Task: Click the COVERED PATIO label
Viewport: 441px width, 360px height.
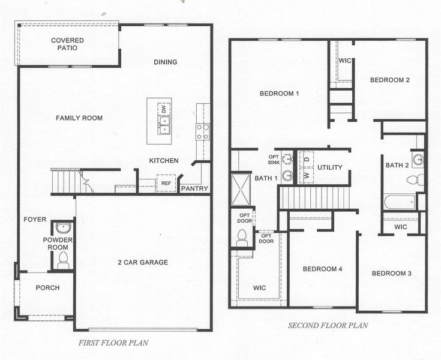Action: point(67,44)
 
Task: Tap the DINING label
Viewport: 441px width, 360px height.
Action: point(165,62)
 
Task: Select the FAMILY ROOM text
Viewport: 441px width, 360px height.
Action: point(79,118)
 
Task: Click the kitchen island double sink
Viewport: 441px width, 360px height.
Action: point(164,125)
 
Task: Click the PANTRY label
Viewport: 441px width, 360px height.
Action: point(195,189)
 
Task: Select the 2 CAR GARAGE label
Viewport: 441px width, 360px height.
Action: point(143,262)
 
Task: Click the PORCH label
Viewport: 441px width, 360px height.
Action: point(47,288)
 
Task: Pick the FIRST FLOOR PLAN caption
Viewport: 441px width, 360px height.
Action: point(113,343)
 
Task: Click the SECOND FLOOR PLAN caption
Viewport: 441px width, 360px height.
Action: point(328,326)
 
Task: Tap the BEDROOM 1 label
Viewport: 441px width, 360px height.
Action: point(279,94)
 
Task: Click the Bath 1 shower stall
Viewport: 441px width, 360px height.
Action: point(242,189)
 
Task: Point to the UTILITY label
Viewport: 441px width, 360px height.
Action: point(329,167)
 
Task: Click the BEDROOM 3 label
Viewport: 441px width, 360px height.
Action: point(391,274)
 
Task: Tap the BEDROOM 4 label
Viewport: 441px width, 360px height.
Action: point(322,269)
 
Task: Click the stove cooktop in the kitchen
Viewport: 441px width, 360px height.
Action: point(203,131)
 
